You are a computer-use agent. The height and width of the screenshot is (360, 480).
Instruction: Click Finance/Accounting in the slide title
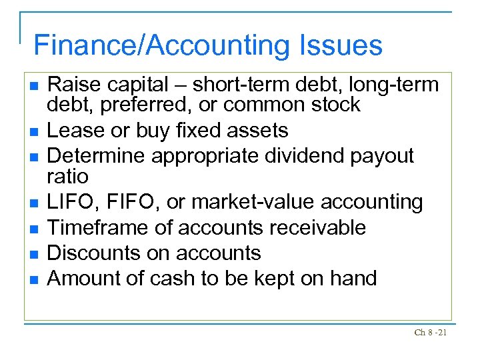tap(160, 45)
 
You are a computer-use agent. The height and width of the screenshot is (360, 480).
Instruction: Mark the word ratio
tap(67, 176)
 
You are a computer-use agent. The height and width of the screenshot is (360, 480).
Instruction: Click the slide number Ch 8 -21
tap(430, 332)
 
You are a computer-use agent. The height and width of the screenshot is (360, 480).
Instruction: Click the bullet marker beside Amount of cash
tap(33, 279)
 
